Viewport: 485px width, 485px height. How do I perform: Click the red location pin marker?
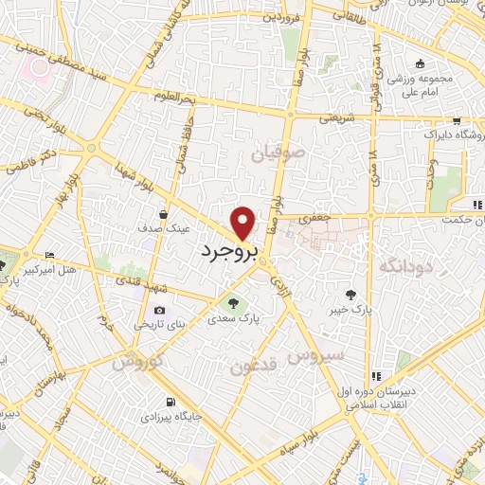click(243, 222)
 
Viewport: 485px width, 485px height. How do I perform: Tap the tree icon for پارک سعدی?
click(233, 303)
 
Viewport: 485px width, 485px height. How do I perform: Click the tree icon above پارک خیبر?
click(351, 293)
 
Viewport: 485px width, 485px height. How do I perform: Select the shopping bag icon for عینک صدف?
click(165, 214)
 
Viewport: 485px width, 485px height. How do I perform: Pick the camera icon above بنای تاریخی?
click(158, 310)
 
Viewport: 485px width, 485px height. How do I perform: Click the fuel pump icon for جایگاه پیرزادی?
click(170, 401)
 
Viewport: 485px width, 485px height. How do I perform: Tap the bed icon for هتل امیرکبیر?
click(50, 255)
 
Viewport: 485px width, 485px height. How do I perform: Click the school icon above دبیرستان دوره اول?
click(376, 376)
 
